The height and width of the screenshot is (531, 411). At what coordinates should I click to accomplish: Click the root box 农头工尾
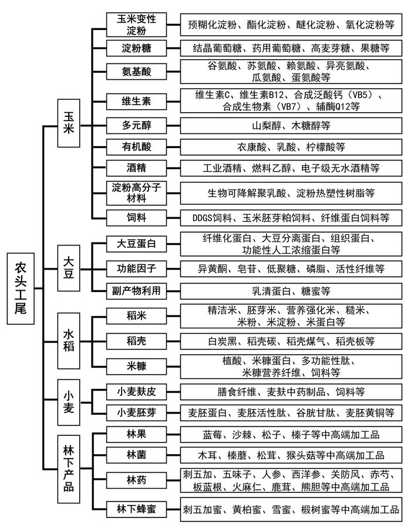[x=21, y=288]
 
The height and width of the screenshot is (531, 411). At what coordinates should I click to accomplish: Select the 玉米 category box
[x=69, y=123]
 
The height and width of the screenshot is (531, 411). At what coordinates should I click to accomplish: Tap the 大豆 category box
[x=69, y=268]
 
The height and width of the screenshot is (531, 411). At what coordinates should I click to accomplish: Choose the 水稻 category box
[x=69, y=341]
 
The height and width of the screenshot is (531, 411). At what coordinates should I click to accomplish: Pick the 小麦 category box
[x=69, y=402]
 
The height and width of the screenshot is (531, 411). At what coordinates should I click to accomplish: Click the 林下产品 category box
[x=69, y=469]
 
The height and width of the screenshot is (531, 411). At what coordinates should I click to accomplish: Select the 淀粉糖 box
[x=136, y=48]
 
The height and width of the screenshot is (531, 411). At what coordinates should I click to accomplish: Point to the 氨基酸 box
[x=136, y=72]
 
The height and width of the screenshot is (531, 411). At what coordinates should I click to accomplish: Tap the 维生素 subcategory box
[x=136, y=101]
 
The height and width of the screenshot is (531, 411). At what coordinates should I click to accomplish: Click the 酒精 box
[x=136, y=168]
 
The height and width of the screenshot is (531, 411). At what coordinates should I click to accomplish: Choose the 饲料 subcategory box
[x=136, y=217]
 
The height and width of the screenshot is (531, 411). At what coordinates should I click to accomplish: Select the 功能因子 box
[x=136, y=269]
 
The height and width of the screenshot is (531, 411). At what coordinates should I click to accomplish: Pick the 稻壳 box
[x=136, y=341]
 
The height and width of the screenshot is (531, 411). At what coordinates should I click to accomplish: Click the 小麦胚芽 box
[x=136, y=412]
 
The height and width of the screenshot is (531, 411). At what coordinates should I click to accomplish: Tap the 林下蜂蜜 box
[x=136, y=509]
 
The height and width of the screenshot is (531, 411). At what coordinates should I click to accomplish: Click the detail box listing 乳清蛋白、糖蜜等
[x=291, y=291]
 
